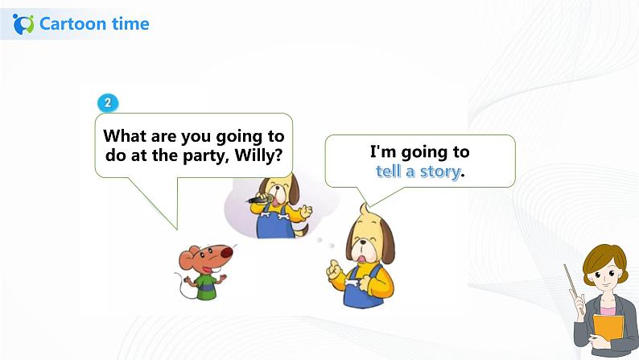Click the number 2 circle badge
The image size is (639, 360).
click(108, 103)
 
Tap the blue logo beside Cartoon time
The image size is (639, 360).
click(23, 24)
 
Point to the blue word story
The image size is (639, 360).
click(440, 172)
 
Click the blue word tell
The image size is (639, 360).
click(389, 172)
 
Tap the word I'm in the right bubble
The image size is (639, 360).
click(383, 151)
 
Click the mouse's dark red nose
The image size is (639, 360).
click(227, 252)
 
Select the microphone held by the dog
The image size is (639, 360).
click(260, 200)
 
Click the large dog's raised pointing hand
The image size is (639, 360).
click(334, 270)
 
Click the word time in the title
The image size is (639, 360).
click(130, 23)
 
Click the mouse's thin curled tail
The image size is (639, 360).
click(181, 285)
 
